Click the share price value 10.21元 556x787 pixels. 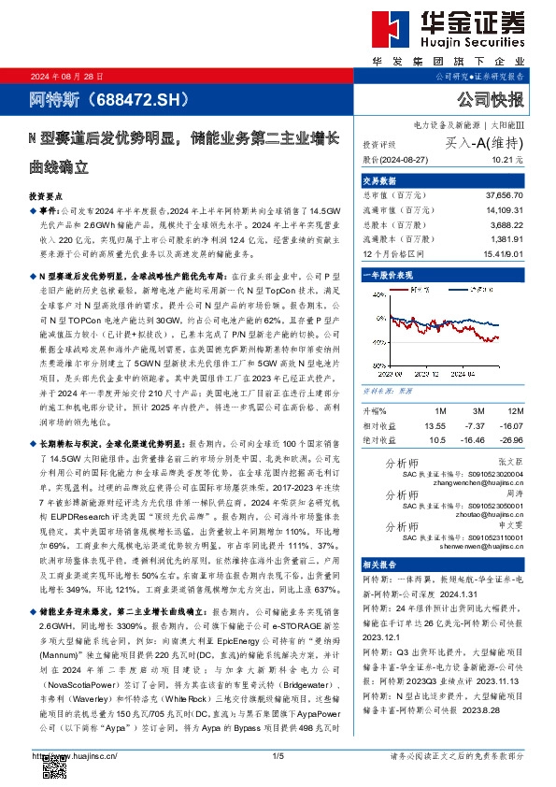point(508,161)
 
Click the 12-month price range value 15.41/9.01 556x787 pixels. point(502,252)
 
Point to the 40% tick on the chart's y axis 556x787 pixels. point(377,317)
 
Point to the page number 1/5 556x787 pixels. point(278,755)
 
